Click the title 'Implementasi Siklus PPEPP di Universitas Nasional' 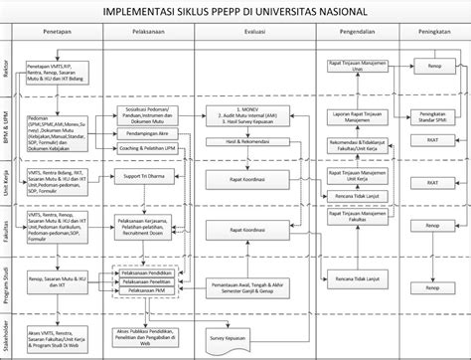coord(235,13)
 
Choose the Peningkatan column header coord(431,33)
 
